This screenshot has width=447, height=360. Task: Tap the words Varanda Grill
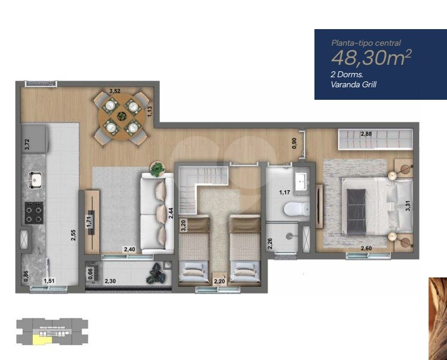pos(354,84)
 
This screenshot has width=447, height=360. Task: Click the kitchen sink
pos(35,180)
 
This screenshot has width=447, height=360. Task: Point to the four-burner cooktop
pos(34,213)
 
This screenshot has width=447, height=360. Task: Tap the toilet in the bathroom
pos(297,209)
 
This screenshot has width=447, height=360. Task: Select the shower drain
pos(290,236)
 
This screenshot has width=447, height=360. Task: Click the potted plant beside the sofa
pos(158,169)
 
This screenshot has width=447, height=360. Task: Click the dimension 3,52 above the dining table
pos(115,91)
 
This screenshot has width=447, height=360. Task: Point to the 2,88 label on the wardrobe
pos(366,134)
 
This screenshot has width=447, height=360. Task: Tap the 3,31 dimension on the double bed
pos(408,206)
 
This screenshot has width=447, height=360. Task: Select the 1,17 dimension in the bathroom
pos(285,192)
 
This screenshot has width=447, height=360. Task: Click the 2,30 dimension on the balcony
pos(110,281)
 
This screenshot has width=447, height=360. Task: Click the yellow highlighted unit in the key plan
pos(42,339)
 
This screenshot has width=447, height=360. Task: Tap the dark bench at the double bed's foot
pos(356,211)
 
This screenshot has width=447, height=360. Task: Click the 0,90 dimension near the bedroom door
pos(294,143)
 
